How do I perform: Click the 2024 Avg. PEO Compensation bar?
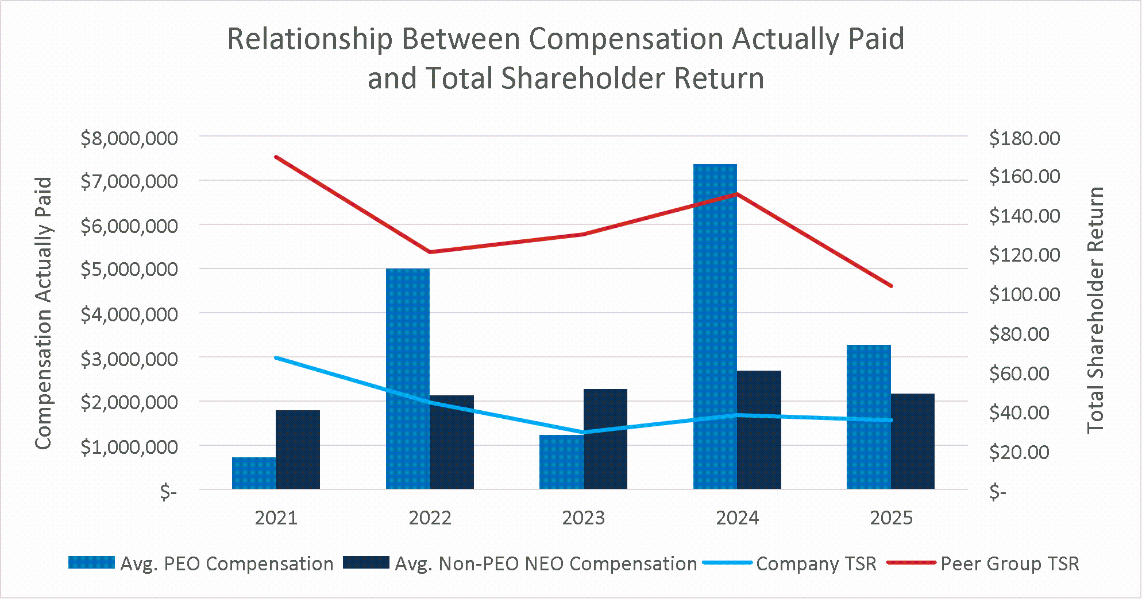[715, 326]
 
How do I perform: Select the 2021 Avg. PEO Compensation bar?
[254, 473]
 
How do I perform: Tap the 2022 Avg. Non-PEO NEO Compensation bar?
[452, 442]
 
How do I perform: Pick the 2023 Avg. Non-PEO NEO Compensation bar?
[605, 439]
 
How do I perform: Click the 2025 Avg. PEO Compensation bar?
[869, 417]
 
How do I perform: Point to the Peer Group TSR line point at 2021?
[276, 157]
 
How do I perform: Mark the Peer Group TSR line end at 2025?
[891, 286]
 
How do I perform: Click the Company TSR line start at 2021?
[276, 357]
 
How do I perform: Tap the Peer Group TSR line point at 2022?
[430, 252]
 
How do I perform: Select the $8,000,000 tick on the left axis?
[130, 138]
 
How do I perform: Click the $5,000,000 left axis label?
[130, 270]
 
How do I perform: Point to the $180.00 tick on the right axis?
[1025, 138]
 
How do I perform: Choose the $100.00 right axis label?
[1025, 295]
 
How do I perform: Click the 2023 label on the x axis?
[584, 518]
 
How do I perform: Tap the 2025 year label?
[891, 518]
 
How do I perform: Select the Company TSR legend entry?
[790, 563]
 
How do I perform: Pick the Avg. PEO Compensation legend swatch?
[91, 562]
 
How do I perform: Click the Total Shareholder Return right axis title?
[1096, 310]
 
